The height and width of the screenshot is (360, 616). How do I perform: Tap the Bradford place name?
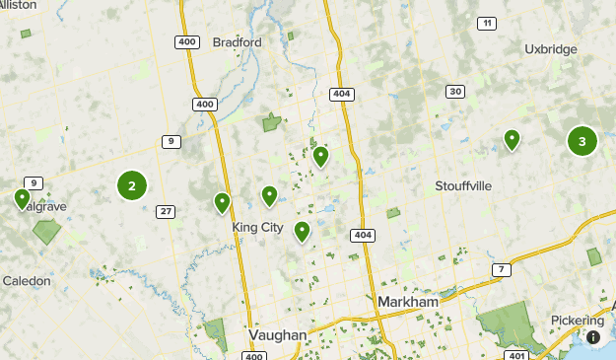pyautogui.click(x=238, y=42)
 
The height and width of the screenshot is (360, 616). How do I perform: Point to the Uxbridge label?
pyautogui.click(x=549, y=47)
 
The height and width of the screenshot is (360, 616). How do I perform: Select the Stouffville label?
pyautogui.click(x=463, y=185)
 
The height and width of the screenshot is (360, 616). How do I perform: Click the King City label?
pyautogui.click(x=257, y=227)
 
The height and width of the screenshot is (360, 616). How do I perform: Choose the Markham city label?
pyautogui.click(x=407, y=300)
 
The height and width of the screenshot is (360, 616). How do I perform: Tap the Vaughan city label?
pyautogui.click(x=278, y=334)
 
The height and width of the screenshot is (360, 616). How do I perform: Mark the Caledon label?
pyautogui.click(x=27, y=281)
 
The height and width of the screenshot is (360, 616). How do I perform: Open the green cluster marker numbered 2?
pyautogui.click(x=132, y=185)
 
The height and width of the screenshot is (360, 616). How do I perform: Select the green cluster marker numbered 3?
pyautogui.click(x=582, y=141)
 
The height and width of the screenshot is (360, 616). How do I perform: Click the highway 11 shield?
pyautogui.click(x=486, y=23)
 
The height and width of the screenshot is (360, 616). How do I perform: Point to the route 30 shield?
pyautogui.click(x=454, y=92)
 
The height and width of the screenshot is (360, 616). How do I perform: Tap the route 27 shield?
pyautogui.click(x=166, y=211)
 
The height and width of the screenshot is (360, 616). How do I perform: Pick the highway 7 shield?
pyautogui.click(x=503, y=269)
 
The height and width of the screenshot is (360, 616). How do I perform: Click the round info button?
pyautogui.click(x=595, y=337)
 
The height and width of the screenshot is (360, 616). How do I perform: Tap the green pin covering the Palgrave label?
pyautogui.click(x=22, y=199)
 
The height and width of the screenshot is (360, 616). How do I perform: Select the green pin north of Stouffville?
pyautogui.click(x=512, y=140)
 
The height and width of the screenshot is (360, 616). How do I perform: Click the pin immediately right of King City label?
pyautogui.click(x=302, y=231)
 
